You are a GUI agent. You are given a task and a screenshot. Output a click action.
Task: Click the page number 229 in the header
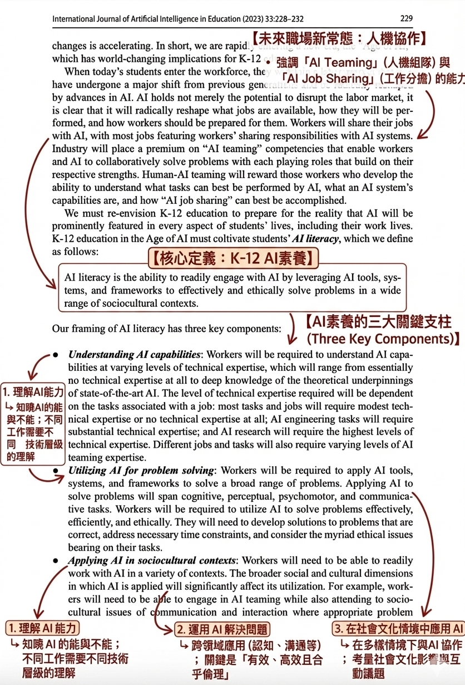pyautogui.click(x=406, y=18)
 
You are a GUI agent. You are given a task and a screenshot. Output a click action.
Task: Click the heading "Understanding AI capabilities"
pyautogui.click(x=134, y=355)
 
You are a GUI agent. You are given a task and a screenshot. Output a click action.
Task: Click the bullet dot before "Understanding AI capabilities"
pyautogui.click(x=56, y=355)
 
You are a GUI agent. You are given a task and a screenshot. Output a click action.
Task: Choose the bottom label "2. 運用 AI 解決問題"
pyautogui.click(x=222, y=629)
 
